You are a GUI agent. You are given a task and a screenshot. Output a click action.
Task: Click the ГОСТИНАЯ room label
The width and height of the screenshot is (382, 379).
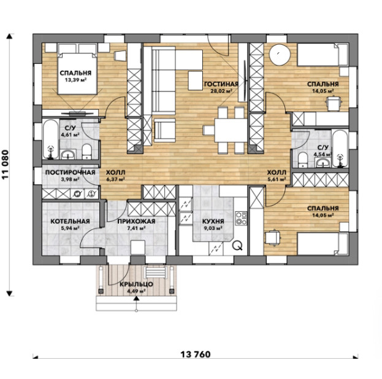[221, 84]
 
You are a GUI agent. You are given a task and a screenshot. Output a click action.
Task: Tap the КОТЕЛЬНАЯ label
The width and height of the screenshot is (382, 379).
[70, 221]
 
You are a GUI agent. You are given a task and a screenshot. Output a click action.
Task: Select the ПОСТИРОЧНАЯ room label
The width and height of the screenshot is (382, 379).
[70, 173]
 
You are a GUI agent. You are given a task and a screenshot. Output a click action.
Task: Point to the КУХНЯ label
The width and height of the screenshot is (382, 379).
[213, 221]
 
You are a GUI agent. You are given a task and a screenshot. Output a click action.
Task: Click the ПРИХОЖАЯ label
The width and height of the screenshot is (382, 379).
[136, 221]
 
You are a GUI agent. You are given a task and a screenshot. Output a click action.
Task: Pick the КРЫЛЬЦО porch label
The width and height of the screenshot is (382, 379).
[136, 284]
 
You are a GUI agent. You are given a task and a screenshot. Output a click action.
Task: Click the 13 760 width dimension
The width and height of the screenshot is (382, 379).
[196, 354]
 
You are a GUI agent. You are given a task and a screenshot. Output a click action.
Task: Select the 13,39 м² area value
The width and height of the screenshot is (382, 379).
[75, 80]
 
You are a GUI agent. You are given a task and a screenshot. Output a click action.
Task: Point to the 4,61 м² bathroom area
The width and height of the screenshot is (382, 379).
[71, 135]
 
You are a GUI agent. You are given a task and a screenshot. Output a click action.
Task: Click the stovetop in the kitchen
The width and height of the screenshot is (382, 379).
[241, 219]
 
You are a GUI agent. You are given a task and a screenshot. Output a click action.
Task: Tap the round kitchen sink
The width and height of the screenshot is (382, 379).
[237, 245]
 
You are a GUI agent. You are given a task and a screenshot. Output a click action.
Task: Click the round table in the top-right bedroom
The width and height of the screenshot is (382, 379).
[280, 55]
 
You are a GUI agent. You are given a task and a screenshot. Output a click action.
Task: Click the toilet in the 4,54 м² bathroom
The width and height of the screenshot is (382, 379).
[303, 160]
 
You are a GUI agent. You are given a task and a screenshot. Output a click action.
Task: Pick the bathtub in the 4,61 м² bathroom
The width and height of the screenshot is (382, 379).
[51, 139]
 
